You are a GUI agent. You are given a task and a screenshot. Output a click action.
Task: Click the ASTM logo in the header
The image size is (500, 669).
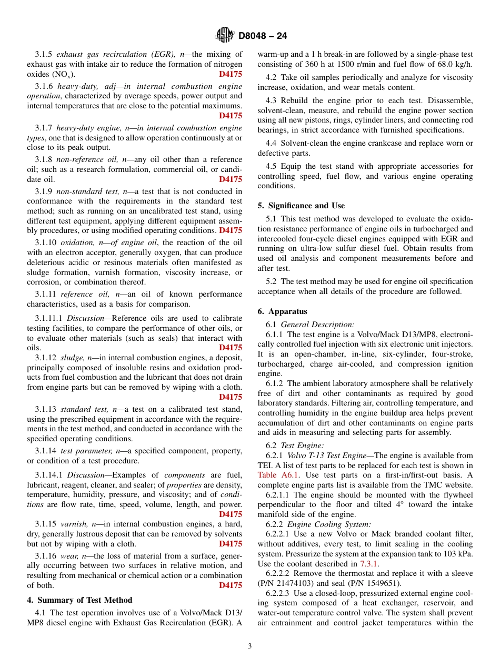(x=225, y=36)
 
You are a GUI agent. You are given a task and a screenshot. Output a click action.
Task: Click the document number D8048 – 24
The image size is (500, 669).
(x=263, y=36)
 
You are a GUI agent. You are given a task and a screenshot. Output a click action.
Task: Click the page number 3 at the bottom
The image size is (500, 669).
(x=250, y=646)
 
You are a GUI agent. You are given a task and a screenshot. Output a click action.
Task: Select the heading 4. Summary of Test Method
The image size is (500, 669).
(x=79, y=600)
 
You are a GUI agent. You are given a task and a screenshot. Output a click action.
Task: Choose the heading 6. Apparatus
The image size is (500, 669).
(x=282, y=311)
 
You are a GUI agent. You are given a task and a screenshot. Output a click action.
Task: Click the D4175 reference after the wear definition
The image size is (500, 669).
(x=231, y=585)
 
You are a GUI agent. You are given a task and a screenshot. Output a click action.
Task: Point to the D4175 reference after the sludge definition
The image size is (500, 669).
(x=231, y=397)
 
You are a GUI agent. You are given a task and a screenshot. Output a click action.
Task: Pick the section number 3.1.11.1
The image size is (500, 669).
(x=49, y=318)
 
